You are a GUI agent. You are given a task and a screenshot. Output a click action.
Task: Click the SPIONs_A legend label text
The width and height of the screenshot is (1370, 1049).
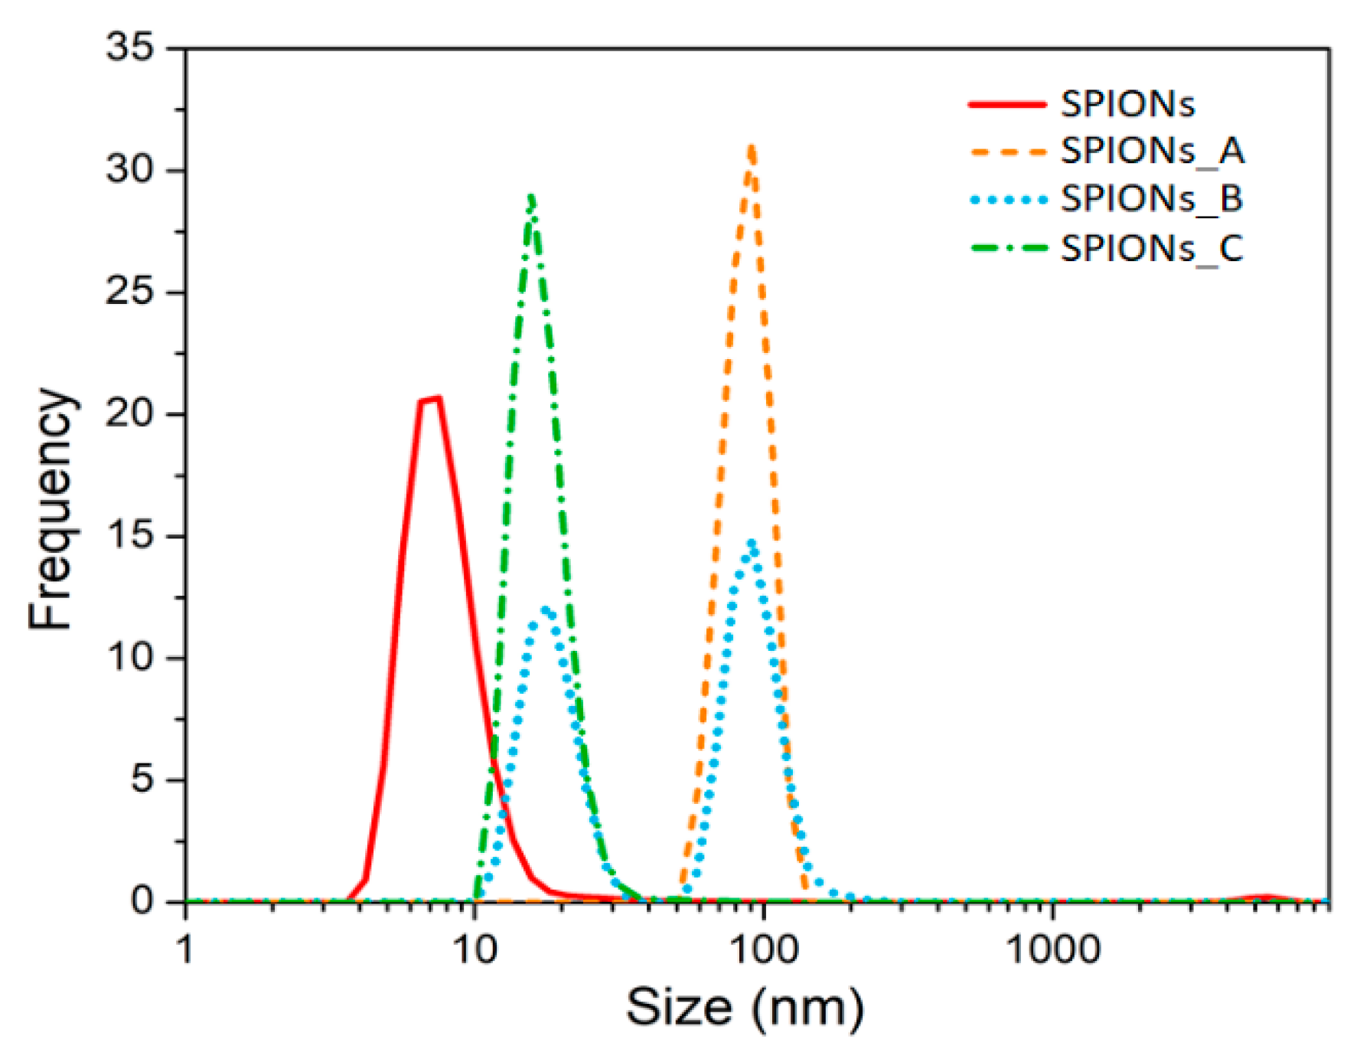1152,150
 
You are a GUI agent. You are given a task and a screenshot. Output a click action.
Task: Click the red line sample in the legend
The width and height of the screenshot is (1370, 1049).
1006,104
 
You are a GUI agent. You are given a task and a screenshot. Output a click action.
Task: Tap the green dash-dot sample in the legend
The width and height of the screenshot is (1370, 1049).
1006,248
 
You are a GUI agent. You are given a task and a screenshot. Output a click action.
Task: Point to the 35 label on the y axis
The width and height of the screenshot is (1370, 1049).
129,47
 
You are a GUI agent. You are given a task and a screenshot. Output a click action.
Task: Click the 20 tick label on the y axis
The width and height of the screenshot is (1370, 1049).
129,413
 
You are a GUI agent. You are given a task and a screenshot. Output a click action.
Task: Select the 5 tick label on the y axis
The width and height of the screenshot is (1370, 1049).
142,779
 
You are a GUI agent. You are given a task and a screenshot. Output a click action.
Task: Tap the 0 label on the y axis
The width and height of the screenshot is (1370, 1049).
142,900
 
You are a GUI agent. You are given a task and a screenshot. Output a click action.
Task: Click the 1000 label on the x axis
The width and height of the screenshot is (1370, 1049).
1052,950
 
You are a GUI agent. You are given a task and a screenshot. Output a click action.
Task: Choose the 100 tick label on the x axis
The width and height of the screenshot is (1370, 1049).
763,950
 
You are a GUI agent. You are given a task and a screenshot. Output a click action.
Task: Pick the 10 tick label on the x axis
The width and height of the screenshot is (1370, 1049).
475,950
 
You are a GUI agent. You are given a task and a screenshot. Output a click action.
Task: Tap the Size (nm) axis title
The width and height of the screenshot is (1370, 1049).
745,1007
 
